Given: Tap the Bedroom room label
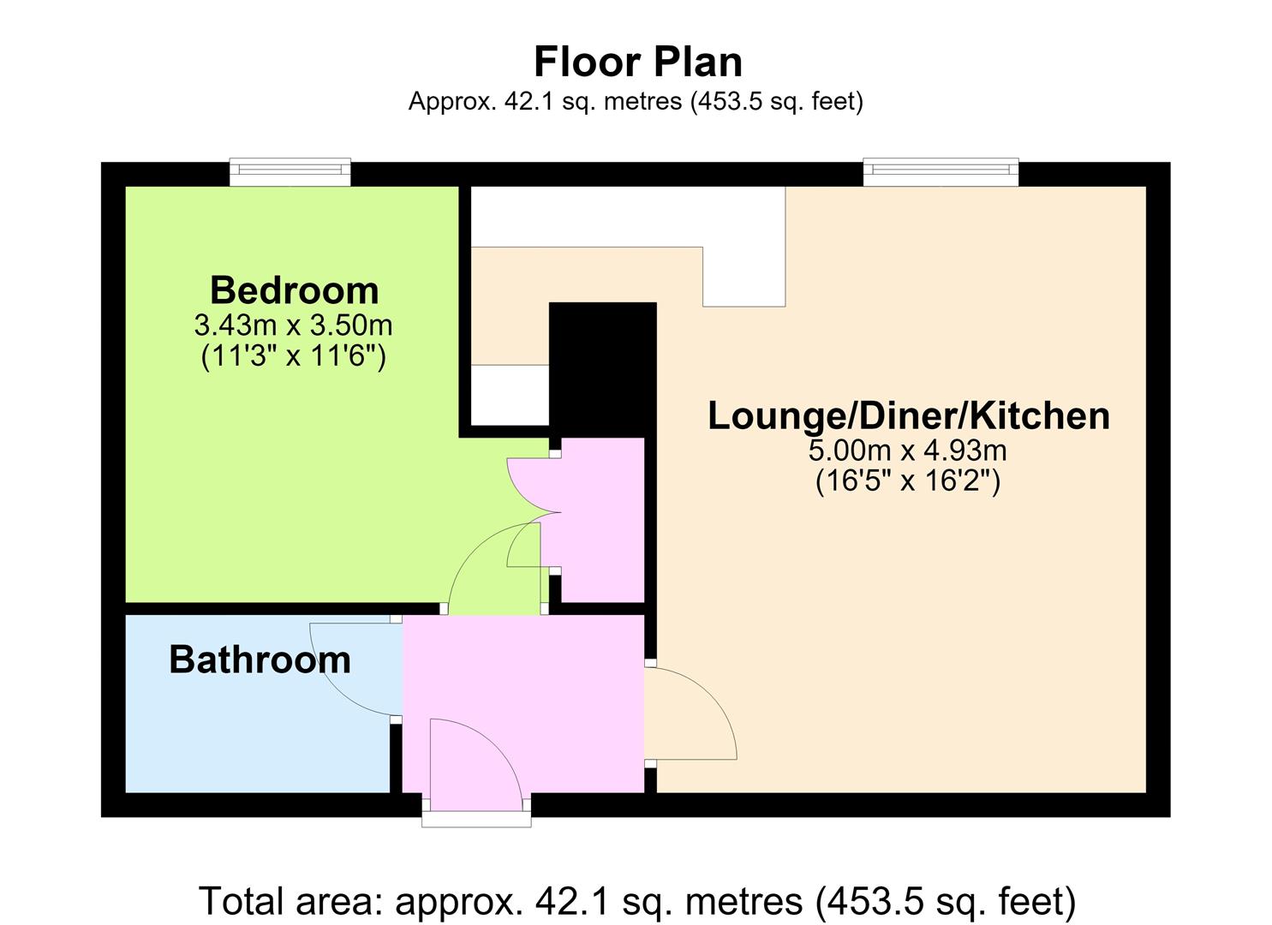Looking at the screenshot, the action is (x=294, y=290).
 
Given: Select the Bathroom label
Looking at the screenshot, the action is (x=260, y=659).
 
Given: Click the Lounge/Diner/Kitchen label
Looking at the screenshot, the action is (x=908, y=415).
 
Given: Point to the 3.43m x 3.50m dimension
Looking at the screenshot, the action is (x=294, y=325).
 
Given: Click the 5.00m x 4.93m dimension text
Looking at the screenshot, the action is (x=907, y=451).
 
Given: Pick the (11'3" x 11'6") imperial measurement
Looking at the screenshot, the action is (x=294, y=356).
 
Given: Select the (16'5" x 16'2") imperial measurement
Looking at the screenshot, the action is (x=907, y=481).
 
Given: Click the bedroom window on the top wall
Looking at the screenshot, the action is (x=290, y=171).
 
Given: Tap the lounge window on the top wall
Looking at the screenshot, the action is (x=941, y=171).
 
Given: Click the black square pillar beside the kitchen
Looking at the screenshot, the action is (x=602, y=370).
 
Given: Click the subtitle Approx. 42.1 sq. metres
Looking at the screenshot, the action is (x=636, y=102).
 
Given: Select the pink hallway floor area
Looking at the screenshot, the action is (x=523, y=703).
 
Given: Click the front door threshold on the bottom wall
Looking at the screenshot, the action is (x=476, y=818).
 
